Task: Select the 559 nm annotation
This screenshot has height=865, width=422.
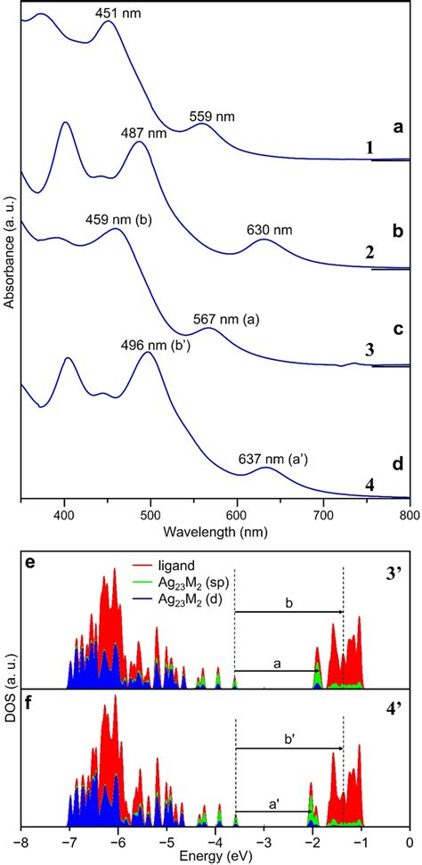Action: coord(213,115)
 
